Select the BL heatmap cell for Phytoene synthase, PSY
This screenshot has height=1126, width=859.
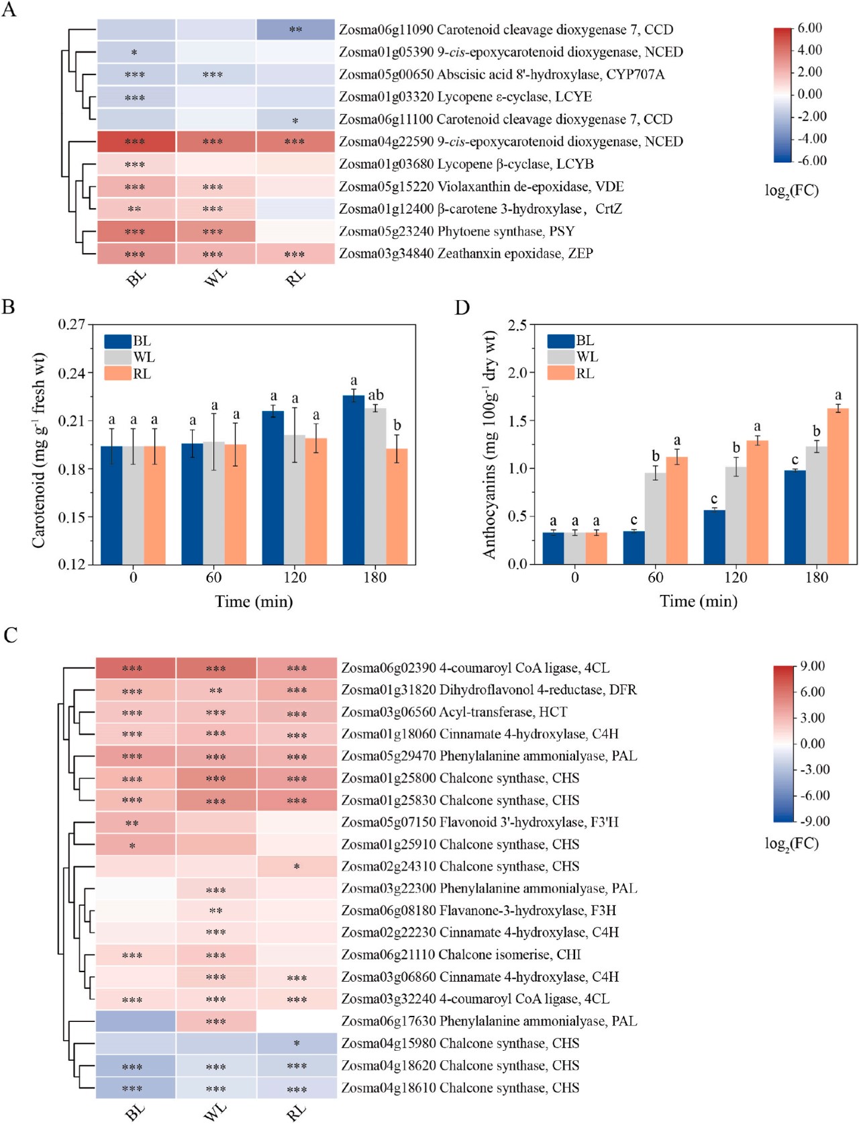(x=136, y=232)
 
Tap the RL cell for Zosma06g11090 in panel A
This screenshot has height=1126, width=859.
(x=295, y=30)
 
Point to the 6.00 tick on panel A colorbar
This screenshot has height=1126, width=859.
(x=809, y=28)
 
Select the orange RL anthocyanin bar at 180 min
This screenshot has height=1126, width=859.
(x=838, y=485)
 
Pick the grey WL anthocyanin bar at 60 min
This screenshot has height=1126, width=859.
(x=655, y=518)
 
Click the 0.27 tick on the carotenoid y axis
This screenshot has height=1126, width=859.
(x=72, y=325)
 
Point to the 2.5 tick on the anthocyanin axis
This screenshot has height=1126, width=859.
(x=517, y=325)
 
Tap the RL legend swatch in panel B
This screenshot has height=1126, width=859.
(x=117, y=374)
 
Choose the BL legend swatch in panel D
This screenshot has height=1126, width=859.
(x=560, y=341)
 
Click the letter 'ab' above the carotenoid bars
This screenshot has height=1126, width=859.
(x=376, y=395)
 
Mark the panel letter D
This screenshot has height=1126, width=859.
(x=462, y=308)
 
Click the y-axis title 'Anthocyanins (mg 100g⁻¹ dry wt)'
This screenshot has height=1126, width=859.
(x=491, y=444)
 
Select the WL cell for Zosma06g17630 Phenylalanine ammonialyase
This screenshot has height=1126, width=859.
(x=216, y=1021)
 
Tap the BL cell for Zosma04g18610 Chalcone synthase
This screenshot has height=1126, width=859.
(x=136, y=1088)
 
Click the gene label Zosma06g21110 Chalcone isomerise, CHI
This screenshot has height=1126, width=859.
(x=461, y=955)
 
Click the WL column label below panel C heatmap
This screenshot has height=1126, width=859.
(x=215, y=1111)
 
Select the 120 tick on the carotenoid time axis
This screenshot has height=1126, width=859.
(x=295, y=577)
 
